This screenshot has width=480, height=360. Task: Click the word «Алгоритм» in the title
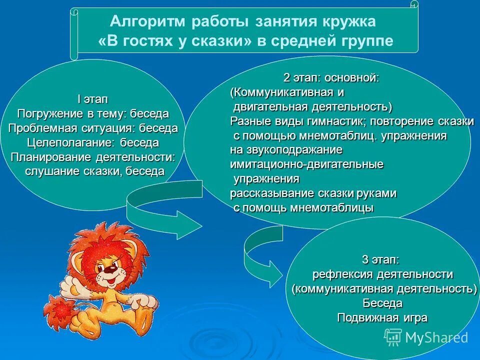[x=144, y=22]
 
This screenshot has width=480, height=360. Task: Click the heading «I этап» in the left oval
[x=92, y=99]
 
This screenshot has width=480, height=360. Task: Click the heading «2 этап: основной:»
[x=331, y=78]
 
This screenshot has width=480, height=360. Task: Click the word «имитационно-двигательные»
[x=306, y=164]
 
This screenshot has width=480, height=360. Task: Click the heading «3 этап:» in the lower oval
[x=380, y=259]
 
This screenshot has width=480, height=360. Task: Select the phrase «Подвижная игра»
[x=382, y=317]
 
